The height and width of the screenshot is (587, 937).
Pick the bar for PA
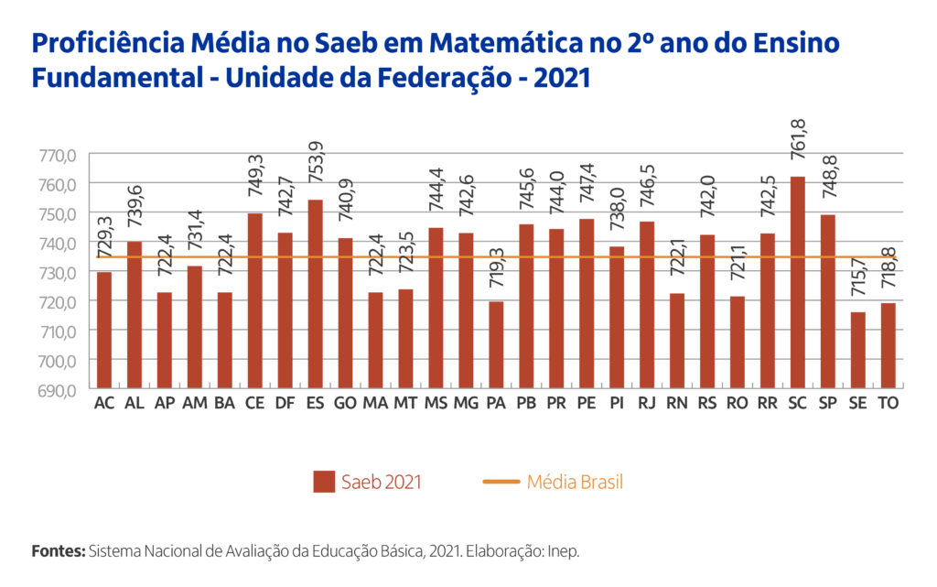[x=496, y=344]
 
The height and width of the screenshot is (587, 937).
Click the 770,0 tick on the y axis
[x=56, y=155]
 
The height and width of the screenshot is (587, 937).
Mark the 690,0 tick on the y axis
[x=56, y=389]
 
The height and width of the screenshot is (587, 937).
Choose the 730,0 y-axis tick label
[x=56, y=272]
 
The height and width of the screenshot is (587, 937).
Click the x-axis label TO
[x=888, y=404]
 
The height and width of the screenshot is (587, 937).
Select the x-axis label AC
[x=103, y=404]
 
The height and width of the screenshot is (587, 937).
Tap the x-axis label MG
[x=466, y=404]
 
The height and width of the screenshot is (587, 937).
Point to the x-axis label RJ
[x=646, y=404]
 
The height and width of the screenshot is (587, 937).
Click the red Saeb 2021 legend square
[x=324, y=482]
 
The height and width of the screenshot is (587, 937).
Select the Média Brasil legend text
[x=575, y=482]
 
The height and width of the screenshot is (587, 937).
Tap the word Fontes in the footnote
[x=58, y=551]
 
